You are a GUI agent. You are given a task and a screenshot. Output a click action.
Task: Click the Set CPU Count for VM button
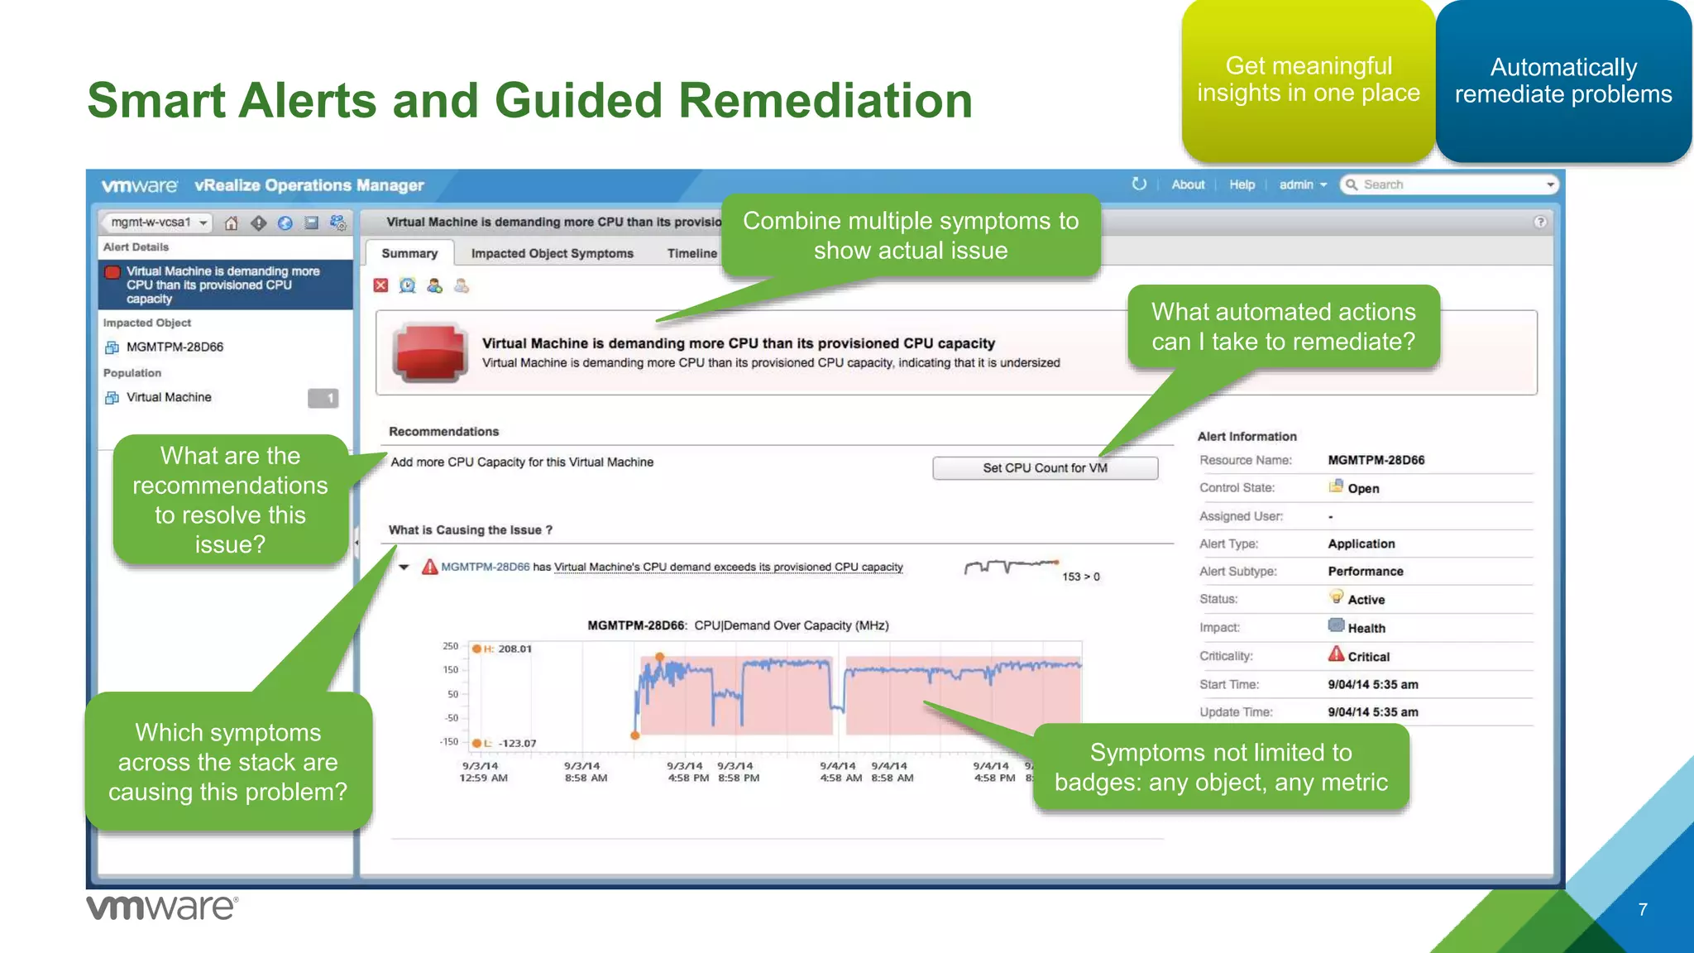tap(1045, 468)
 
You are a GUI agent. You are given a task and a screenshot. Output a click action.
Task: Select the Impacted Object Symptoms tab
tap(552, 254)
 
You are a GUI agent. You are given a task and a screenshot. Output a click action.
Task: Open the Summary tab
tap(409, 254)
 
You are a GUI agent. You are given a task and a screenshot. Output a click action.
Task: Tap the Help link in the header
tap(1242, 184)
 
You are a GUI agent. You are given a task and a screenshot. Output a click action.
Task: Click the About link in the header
tap(1188, 184)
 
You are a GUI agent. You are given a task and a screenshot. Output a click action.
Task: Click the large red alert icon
tap(429, 352)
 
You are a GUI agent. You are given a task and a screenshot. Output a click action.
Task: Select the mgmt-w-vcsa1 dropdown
tap(156, 223)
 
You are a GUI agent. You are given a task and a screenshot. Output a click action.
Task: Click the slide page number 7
tap(1643, 909)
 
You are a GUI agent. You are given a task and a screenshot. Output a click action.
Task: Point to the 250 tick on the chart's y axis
tap(450, 646)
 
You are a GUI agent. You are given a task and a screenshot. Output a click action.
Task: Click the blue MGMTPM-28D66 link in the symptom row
tap(485, 567)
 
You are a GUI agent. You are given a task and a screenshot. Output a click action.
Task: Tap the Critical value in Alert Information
tap(1368, 657)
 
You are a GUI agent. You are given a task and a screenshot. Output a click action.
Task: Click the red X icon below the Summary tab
tap(380, 285)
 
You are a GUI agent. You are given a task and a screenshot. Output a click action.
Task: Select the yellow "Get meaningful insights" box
tap(1308, 80)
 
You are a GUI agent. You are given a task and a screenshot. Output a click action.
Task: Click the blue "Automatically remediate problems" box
tap(1563, 80)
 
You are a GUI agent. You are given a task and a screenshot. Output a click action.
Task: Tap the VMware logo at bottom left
tap(162, 908)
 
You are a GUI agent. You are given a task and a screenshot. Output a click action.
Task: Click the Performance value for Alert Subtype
tap(1366, 572)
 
